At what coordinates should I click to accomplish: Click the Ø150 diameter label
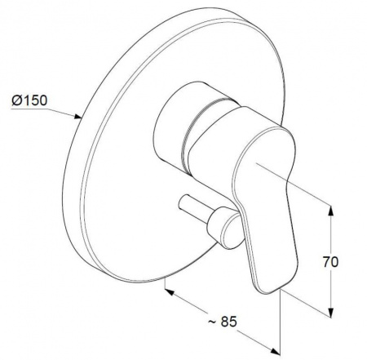tap(29, 100)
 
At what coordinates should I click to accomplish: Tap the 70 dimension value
tap(330, 262)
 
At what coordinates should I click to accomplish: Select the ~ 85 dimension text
tap(223, 322)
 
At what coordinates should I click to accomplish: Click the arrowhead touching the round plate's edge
tap(77, 117)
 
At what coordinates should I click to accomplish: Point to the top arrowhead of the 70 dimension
tap(330, 210)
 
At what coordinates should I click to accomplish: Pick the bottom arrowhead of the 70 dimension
tap(330, 313)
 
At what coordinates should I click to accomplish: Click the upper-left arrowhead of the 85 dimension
tap(170, 292)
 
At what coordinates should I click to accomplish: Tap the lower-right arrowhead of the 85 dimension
tap(275, 351)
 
